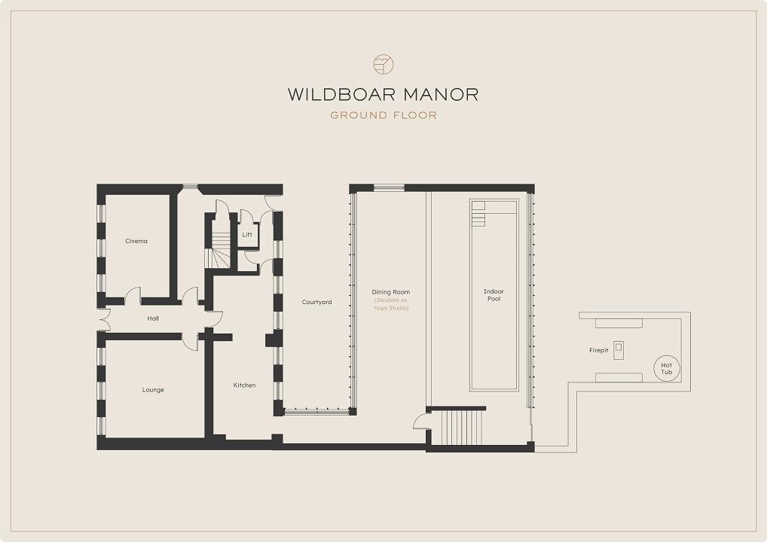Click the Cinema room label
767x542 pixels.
tap(136, 241)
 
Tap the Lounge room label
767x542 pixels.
tap(153, 390)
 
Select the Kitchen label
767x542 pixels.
tap(244, 385)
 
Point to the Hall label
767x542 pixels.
tap(153, 318)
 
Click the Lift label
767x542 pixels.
tap(247, 235)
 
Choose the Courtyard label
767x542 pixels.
tap(316, 302)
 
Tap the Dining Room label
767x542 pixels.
tap(391, 292)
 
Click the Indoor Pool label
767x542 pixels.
tap(494, 295)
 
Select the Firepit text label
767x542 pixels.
tap(599, 351)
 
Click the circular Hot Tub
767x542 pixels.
tap(667, 368)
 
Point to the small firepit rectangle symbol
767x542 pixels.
tap(619, 349)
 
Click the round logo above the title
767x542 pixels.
tap(383, 64)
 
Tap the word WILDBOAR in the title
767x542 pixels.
tap(334, 94)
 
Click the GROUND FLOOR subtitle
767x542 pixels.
tap(383, 115)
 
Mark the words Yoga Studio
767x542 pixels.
tap(391, 308)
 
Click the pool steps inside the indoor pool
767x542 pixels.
tap(478, 214)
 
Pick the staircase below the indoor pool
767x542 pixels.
tap(463, 427)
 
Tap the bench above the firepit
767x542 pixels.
tap(619, 323)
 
